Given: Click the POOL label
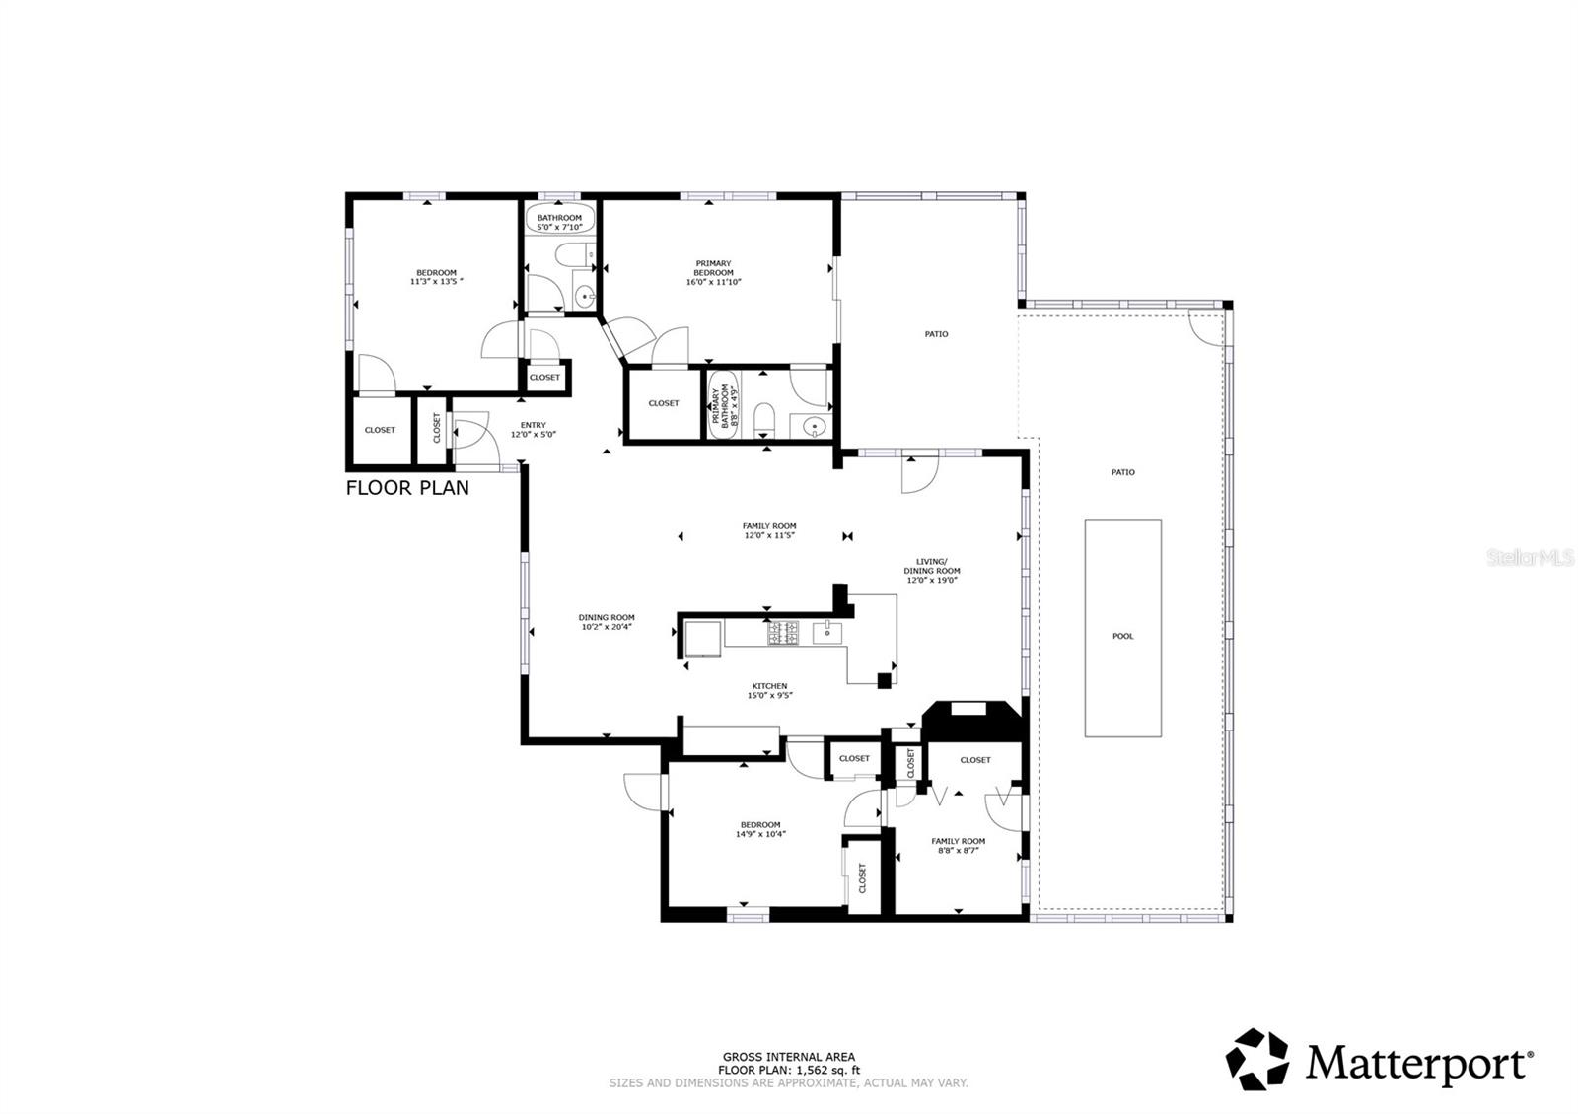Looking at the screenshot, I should [x=1122, y=636].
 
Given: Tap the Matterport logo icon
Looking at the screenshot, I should [x=1256, y=1059].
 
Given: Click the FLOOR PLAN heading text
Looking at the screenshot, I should [x=407, y=487].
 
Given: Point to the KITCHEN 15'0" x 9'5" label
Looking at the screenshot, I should [x=769, y=690].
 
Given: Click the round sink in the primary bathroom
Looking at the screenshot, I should [x=814, y=427].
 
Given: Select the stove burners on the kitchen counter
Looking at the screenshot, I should [x=783, y=633].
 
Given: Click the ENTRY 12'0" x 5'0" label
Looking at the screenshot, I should [x=533, y=430].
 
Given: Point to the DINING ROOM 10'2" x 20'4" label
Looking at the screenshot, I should [x=607, y=622].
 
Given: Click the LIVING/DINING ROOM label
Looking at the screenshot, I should [x=931, y=570].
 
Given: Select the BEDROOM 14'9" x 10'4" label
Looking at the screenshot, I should [x=760, y=829].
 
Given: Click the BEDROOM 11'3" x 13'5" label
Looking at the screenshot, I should [x=436, y=277].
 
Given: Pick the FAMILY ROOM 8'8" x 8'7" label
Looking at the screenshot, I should [x=958, y=845].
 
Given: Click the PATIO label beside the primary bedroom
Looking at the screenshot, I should [x=936, y=334].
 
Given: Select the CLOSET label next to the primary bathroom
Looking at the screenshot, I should [x=663, y=403].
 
